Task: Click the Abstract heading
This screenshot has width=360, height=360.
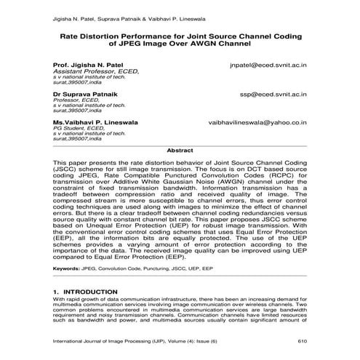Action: [x=180, y=150]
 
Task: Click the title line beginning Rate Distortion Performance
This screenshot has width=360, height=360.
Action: [x=180, y=33]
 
